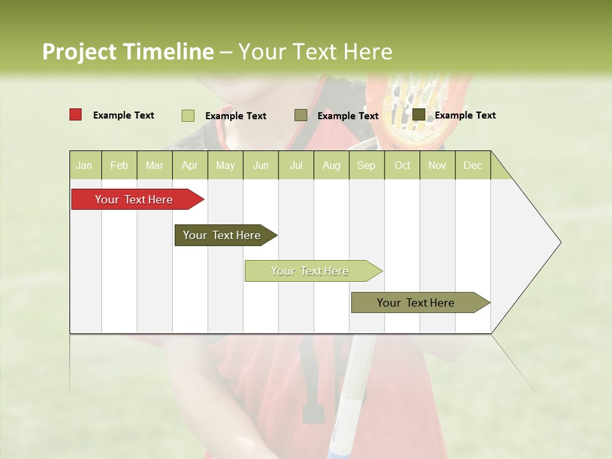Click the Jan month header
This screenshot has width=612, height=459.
85,165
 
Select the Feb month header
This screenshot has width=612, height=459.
119,165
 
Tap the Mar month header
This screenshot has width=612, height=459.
154,165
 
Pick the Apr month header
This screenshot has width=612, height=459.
190,165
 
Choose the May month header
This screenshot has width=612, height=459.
225,165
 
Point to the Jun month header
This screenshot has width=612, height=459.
261,165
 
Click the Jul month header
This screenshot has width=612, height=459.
296,165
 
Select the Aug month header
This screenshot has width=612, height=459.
331,165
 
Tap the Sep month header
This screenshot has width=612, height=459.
367,165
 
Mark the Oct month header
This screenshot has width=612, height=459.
402,165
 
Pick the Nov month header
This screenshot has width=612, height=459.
437,165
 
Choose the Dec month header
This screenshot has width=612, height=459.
472,165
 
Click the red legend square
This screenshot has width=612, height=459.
76,115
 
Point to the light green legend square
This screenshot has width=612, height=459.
188,115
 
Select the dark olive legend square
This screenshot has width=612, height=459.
419,115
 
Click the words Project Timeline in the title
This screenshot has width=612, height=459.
128,52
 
